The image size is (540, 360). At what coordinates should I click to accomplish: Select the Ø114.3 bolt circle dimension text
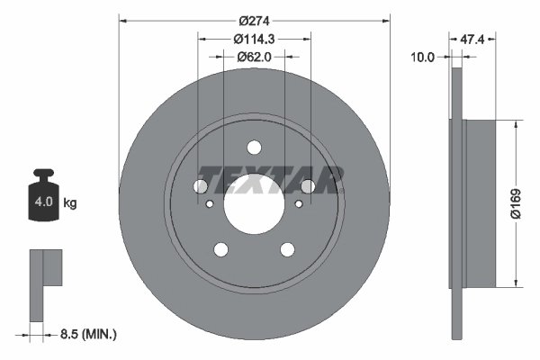click(x=253, y=38)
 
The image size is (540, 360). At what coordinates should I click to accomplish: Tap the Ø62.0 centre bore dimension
click(x=254, y=57)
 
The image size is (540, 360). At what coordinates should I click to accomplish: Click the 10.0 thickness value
click(x=422, y=56)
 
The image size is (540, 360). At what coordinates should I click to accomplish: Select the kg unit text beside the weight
click(x=70, y=203)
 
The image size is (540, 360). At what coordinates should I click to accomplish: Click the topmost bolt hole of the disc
click(x=253, y=148)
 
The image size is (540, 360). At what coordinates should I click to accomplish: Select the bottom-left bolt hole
click(x=220, y=250)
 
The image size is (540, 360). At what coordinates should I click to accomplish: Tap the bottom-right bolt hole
click(x=287, y=250)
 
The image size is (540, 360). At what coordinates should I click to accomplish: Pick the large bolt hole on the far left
click(x=199, y=186)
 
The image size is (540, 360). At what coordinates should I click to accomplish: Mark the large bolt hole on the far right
click(x=308, y=186)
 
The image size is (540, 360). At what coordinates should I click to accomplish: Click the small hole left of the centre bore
click(x=210, y=204)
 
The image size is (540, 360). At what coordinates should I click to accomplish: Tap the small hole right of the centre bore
click(x=297, y=204)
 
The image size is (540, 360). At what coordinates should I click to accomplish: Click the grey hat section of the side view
click(x=480, y=203)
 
